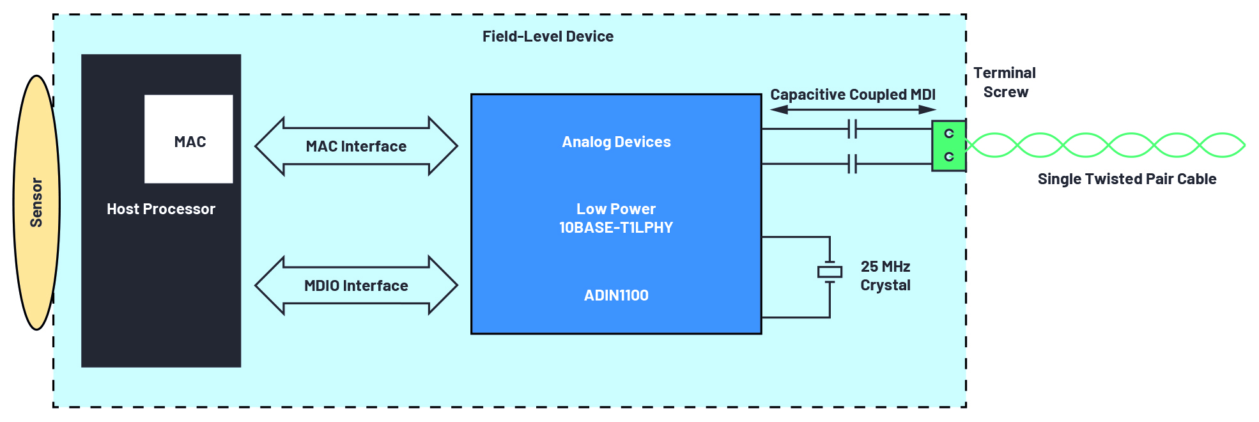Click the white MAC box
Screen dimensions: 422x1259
click(x=189, y=139)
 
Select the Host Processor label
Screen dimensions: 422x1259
click(x=161, y=209)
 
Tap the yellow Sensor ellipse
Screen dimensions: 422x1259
click(x=36, y=203)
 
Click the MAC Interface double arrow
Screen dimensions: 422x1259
click(x=356, y=146)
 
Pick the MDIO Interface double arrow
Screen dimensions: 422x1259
click(x=356, y=286)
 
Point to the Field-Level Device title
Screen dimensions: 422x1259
click(x=548, y=36)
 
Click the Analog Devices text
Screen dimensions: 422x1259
click(x=616, y=142)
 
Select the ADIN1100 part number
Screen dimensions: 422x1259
click(x=616, y=295)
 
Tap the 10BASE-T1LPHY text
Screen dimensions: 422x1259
click(x=616, y=228)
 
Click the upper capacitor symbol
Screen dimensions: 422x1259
click(x=852, y=129)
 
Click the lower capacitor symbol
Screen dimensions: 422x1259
click(x=852, y=164)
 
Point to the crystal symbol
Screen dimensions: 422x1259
click(x=830, y=272)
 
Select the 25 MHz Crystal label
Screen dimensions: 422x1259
click(x=885, y=276)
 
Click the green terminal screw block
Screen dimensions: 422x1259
click(x=948, y=146)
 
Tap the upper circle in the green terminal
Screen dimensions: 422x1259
click(x=949, y=134)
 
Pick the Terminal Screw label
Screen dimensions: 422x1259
click(x=1005, y=82)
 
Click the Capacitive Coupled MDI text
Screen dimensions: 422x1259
click(x=853, y=95)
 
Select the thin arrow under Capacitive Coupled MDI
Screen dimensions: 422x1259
click(x=853, y=110)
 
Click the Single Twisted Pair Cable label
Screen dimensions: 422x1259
click(x=1127, y=179)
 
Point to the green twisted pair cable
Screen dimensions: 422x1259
click(x=1106, y=145)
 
